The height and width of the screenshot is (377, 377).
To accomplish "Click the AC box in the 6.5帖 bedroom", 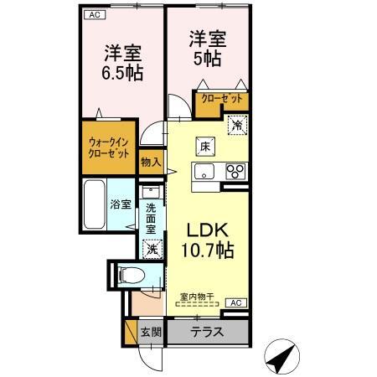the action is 95,15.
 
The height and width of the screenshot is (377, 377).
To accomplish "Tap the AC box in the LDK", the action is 236,302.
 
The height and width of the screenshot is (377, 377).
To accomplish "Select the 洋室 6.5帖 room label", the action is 122,63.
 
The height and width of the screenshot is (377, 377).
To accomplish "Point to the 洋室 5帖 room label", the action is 208,49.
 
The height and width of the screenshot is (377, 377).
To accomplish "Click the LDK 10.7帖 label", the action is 208,240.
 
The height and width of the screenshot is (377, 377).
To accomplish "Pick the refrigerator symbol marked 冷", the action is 238,125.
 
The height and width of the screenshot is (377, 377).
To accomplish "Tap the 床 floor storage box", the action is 205,147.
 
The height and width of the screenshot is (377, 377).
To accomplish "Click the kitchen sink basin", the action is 204,172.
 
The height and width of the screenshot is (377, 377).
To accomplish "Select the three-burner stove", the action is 235,171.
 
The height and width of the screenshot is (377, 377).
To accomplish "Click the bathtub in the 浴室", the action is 95,204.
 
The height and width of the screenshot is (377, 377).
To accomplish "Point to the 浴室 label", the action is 121,204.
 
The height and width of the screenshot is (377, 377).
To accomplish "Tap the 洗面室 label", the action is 151,219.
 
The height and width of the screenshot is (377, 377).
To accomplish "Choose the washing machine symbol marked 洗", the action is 152,249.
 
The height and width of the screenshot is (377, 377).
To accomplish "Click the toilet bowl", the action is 132,276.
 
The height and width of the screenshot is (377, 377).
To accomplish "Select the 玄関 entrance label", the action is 151,333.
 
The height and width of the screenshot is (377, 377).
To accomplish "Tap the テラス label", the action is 207,332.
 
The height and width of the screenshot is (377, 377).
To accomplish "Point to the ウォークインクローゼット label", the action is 109,148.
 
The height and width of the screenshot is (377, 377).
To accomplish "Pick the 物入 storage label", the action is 151,163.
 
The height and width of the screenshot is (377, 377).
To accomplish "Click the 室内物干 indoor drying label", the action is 197,297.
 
